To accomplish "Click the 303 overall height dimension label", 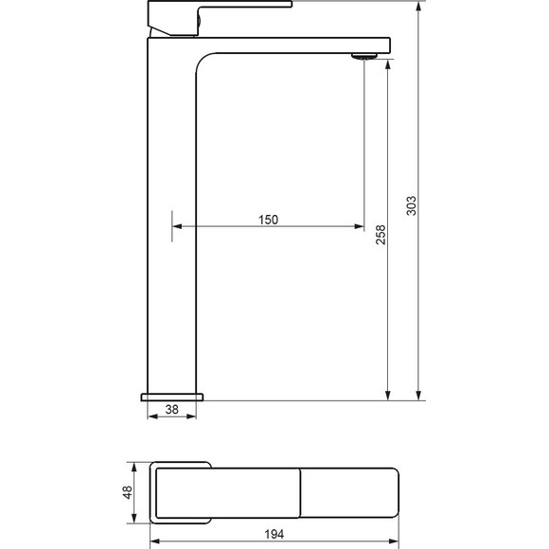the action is pyautogui.click(x=412, y=206).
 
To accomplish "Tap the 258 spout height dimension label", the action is pyautogui.click(x=381, y=235).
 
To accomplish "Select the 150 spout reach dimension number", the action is pyautogui.click(x=268, y=220).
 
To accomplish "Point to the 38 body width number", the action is pyautogui.click(x=172, y=409).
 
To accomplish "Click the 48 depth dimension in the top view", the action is pyautogui.click(x=127, y=492).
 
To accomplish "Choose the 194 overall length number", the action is pyautogui.click(x=274, y=534).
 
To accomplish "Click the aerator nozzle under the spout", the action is pyautogui.click(x=364, y=56).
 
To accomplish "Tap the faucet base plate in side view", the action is pyautogui.click(x=172, y=397).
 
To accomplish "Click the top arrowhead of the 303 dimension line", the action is pyautogui.click(x=418, y=7).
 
